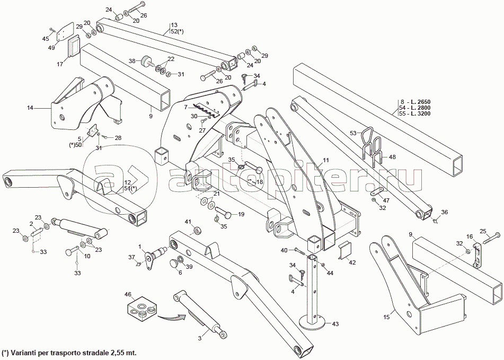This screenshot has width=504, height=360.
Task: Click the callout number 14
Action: (x=30, y=108)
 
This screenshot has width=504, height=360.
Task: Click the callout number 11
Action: (x=326, y=160)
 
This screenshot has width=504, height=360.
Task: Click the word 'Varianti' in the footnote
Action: (x=27, y=353)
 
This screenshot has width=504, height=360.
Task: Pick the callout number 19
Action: (x=241, y=214)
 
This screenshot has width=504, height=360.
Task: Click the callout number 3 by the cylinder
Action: (x=200, y=337)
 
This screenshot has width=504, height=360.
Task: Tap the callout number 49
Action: (x=52, y=48)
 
